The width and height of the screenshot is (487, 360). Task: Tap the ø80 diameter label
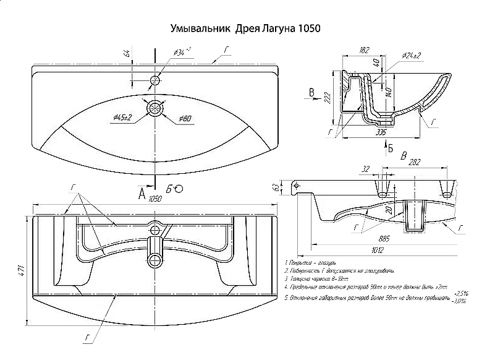click(x=185, y=118)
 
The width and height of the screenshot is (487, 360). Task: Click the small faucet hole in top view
click(x=155, y=80)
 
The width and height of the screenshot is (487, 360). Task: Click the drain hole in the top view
click(x=155, y=108)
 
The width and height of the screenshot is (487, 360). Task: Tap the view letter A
click(x=142, y=194)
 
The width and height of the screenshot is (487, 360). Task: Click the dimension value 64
click(x=127, y=53)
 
